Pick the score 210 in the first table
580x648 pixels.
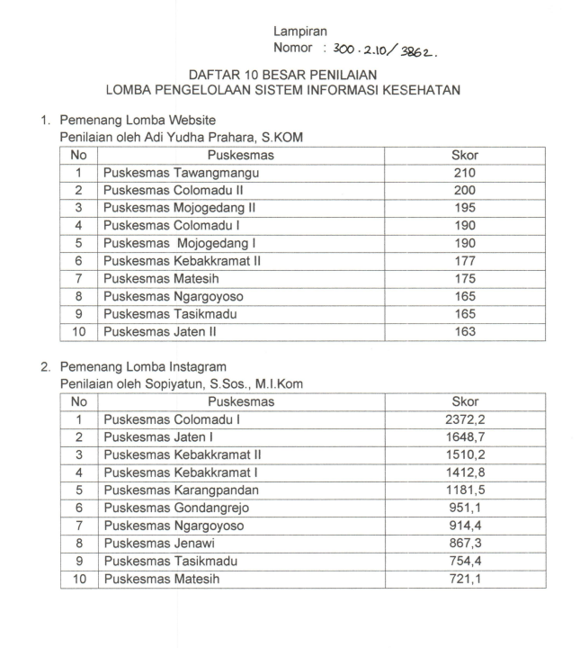click(464, 173)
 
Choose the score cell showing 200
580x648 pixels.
click(464, 191)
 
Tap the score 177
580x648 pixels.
click(464, 261)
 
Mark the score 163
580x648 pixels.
click(464, 331)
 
